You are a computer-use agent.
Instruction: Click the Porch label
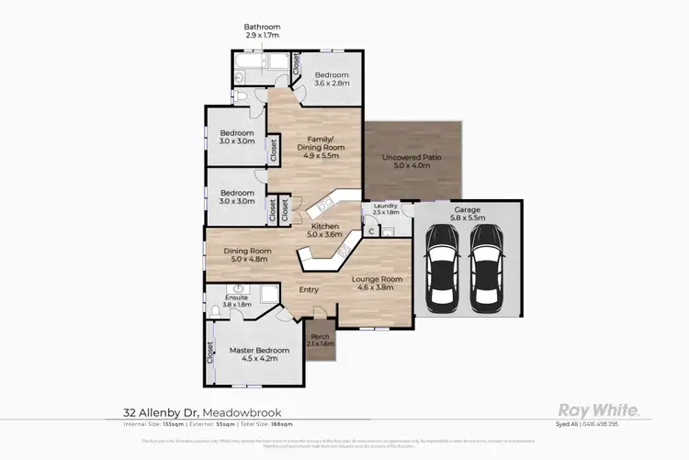[321, 337]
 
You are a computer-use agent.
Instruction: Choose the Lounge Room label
[379, 283]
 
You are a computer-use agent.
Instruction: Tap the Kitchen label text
[325, 227]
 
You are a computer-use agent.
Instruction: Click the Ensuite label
[236, 299]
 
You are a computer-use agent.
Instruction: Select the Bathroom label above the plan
[262, 28]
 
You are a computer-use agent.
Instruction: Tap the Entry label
[309, 290]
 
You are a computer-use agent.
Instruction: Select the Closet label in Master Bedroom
[210, 353]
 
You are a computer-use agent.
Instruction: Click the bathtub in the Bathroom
[248, 65]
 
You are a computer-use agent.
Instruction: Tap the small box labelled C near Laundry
[370, 230]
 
